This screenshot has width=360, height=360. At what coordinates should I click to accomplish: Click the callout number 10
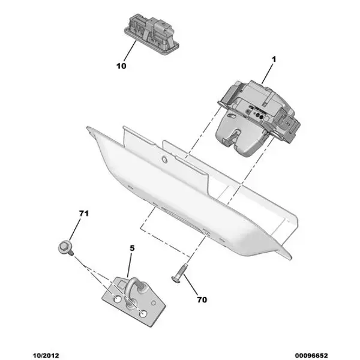click(121, 66)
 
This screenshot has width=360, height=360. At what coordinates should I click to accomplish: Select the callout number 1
click(274, 59)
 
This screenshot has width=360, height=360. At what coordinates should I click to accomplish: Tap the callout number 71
click(84, 214)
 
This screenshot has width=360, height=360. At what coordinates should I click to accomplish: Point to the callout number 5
click(132, 248)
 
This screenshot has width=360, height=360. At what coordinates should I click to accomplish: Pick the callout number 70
click(202, 299)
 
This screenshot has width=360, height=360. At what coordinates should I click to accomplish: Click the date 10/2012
click(46, 356)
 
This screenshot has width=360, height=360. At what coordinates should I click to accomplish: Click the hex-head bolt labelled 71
click(65, 248)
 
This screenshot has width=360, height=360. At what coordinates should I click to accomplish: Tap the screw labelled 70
click(179, 274)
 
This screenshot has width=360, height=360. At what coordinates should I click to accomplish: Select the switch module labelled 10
click(152, 34)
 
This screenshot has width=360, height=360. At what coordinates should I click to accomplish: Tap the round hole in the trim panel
click(164, 159)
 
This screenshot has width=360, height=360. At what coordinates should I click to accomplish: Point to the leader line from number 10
click(130, 51)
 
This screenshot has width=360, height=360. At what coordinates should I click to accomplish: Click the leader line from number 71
click(74, 230)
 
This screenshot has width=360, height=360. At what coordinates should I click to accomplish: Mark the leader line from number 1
click(268, 73)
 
